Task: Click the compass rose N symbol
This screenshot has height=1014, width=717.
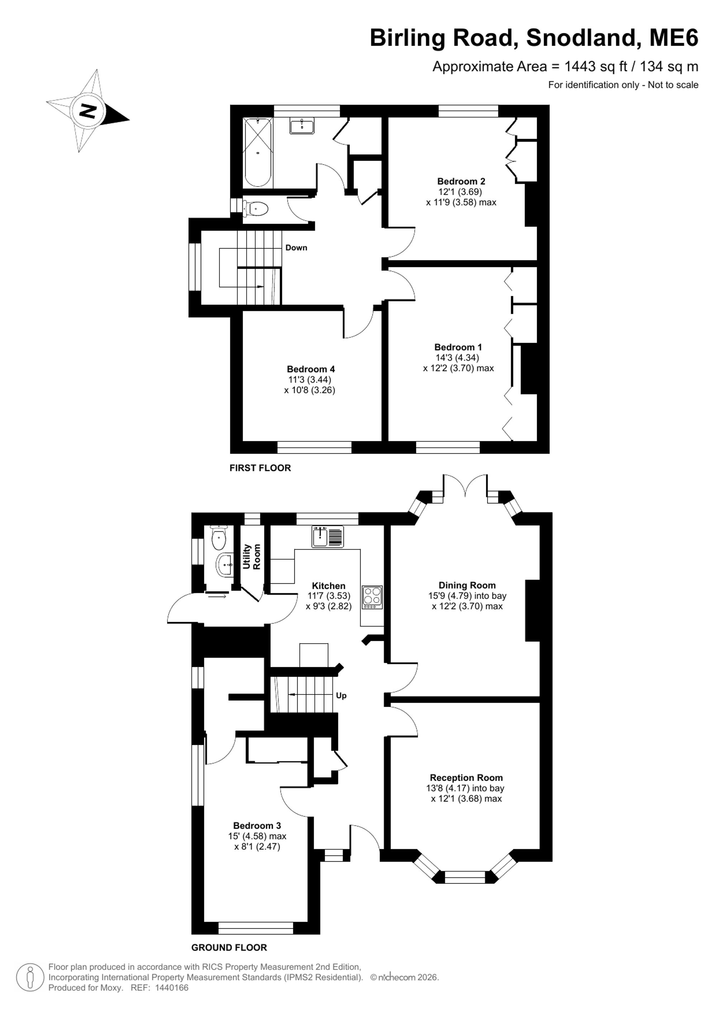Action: coord(87,110)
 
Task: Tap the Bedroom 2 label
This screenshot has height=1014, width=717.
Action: coord(461,181)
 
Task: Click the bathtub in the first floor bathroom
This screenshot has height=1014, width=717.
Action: coord(258,152)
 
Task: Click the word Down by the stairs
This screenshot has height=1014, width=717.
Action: coord(296,247)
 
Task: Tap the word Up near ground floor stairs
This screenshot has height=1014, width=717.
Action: coord(341,695)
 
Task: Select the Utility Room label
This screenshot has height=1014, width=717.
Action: coord(252,556)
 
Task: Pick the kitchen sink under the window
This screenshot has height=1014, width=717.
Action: coord(328,537)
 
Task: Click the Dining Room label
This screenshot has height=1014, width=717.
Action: coord(467,585)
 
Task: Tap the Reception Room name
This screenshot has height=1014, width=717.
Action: coord(466,777)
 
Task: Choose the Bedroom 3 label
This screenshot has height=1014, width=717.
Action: coord(257,825)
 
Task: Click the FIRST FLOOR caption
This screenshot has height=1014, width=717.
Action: coord(260,468)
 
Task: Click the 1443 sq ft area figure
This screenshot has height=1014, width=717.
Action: coord(596,66)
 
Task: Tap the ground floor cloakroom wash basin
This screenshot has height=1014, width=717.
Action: coord(225,564)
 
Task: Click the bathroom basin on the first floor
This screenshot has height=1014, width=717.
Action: coord(302,126)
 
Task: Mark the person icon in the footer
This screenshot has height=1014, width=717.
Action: coord(30,977)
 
